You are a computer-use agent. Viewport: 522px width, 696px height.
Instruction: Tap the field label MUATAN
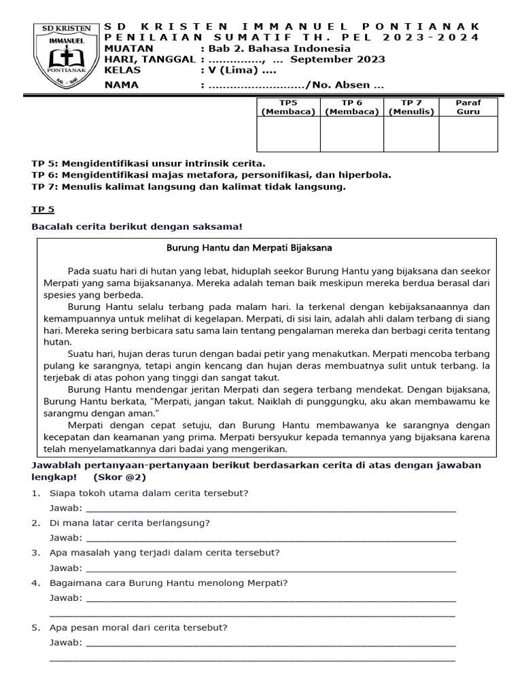(x=129, y=48)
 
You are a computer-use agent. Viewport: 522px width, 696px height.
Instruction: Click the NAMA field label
(x=121, y=85)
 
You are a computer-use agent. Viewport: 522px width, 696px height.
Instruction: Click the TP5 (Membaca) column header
(x=288, y=107)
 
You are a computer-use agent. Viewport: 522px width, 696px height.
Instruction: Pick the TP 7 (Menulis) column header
(x=411, y=107)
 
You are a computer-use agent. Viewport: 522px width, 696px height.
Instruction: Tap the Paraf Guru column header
(x=468, y=107)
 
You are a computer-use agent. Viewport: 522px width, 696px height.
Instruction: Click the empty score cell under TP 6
(x=351, y=134)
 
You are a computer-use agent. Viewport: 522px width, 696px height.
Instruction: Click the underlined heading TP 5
(x=41, y=211)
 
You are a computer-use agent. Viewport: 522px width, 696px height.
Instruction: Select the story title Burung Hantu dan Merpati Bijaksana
(x=249, y=248)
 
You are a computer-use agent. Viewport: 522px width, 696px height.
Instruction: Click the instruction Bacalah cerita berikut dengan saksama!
(x=137, y=226)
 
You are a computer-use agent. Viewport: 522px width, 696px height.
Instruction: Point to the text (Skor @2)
(x=120, y=476)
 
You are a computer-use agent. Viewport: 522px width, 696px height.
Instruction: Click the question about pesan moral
(x=139, y=627)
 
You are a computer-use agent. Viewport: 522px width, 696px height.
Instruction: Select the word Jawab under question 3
(x=66, y=568)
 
